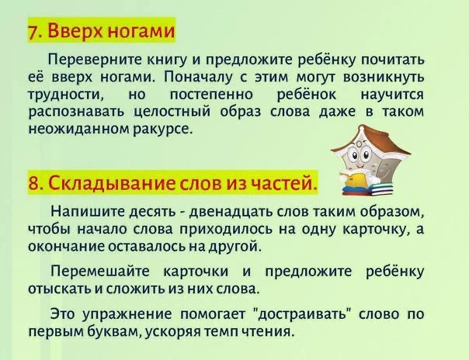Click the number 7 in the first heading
pos(33,31)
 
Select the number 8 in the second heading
pos(33,183)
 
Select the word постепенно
pos(211,95)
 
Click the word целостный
pos(172,112)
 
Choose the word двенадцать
pos(231,212)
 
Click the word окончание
pos(66,247)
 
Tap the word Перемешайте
pos(100,272)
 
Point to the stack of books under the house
pos(367,190)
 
